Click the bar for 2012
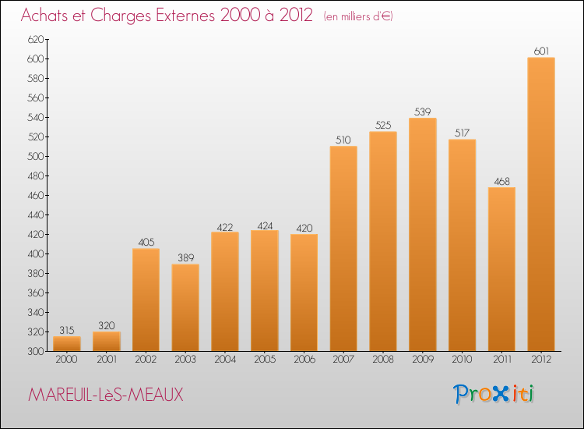pos(540,204)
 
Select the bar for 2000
pos(66,343)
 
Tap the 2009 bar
pos(422,234)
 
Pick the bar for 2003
pos(185,307)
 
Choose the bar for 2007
pos(343,248)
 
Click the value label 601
pos(540,51)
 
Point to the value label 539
pos(422,112)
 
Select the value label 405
pos(146,243)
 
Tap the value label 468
pos(501,181)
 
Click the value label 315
pos(66,330)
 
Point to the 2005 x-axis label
pos(264,360)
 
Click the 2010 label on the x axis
pos(462,360)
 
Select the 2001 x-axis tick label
pos(106,360)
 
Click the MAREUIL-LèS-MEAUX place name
pos(106,395)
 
